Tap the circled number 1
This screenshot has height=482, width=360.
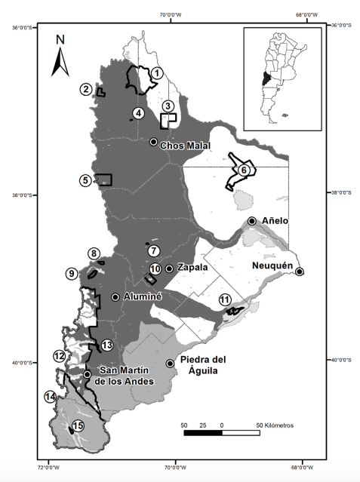pyautogui.click(x=157, y=72)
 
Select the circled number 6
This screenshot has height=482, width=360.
pyautogui.click(x=243, y=170)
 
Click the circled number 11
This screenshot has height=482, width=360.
pyautogui.click(x=225, y=300)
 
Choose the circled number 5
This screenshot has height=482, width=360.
pyautogui.click(x=86, y=180)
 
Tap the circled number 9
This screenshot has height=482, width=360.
pyautogui.click(x=71, y=274)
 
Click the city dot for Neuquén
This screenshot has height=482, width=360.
pyautogui.click(x=300, y=272)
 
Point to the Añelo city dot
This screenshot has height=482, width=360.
pyautogui.click(x=251, y=220)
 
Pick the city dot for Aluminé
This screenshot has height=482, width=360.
pyautogui.click(x=115, y=296)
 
